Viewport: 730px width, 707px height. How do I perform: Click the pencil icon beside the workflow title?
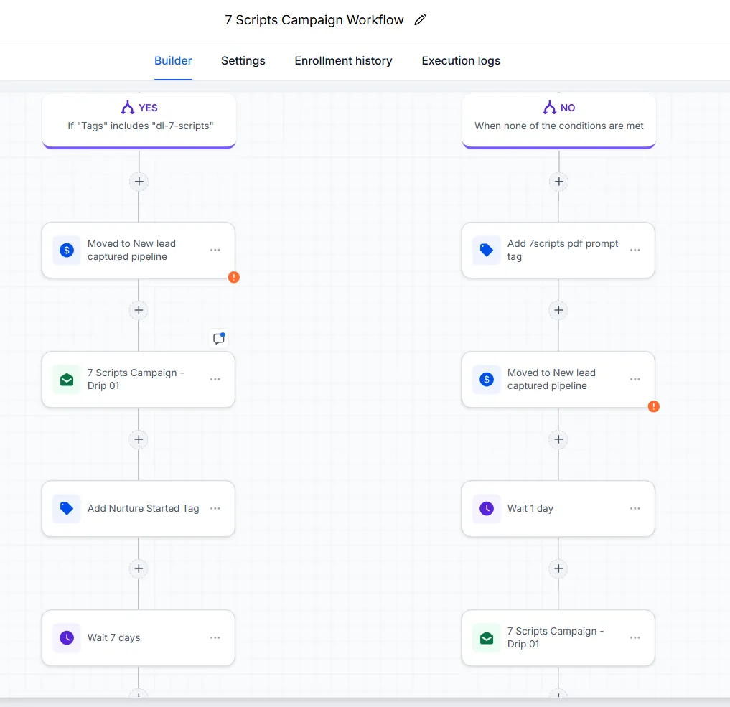tap(421, 19)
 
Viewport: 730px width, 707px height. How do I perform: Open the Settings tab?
tap(243, 60)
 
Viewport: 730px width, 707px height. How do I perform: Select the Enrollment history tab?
tap(344, 60)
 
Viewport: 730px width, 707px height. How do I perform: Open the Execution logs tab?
tap(461, 60)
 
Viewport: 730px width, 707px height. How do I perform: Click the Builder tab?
tap(173, 60)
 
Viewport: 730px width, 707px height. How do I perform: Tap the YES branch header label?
tap(148, 108)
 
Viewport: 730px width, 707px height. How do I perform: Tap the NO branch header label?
tap(568, 108)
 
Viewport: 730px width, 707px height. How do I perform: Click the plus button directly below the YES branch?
tap(139, 182)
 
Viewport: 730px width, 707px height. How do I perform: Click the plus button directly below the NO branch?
tap(558, 182)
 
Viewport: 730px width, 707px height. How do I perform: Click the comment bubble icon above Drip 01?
tap(219, 338)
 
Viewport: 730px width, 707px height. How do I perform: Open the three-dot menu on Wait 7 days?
tap(215, 637)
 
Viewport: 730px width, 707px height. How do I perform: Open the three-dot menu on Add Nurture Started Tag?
tap(215, 508)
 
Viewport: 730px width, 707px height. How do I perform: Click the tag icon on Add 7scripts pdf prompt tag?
tap(487, 250)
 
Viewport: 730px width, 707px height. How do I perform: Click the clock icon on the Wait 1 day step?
tap(487, 508)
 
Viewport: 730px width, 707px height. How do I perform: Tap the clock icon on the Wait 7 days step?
tap(67, 637)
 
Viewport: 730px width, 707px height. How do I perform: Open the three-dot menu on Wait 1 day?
tap(635, 508)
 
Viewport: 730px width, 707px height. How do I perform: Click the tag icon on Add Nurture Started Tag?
tap(67, 508)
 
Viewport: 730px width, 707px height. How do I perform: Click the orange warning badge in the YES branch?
tap(234, 277)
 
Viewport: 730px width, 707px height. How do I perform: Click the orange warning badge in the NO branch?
tap(654, 406)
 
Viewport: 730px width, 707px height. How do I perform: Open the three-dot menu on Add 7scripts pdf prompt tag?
tap(635, 250)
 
